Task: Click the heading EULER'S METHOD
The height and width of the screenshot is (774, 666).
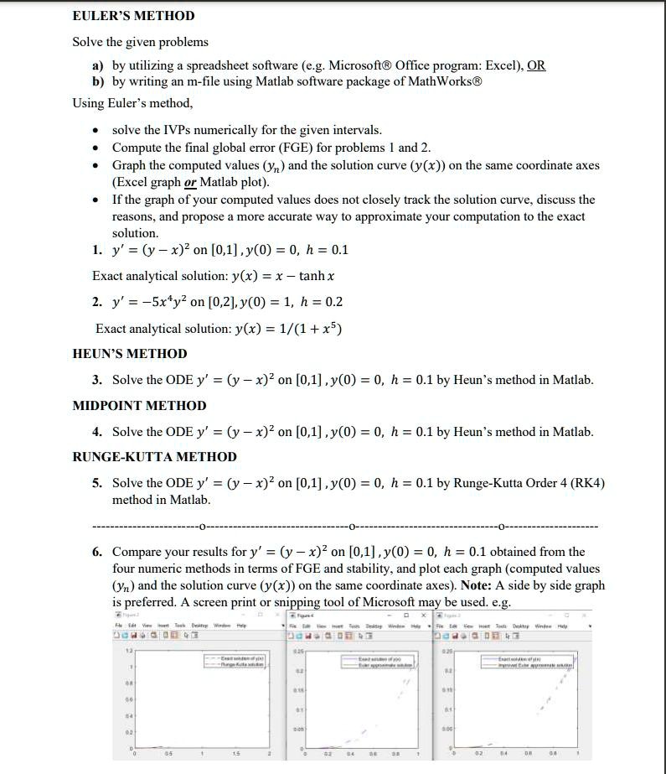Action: pyautogui.click(x=133, y=16)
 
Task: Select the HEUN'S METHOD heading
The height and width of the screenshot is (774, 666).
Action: pyautogui.click(x=130, y=354)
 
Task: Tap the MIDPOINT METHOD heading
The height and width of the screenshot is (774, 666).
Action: pyautogui.click(x=139, y=406)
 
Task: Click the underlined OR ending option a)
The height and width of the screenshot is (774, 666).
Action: pyautogui.click(x=536, y=65)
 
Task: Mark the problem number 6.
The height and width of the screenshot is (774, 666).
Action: pyautogui.click(x=97, y=552)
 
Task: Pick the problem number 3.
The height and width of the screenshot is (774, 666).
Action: pyautogui.click(x=97, y=380)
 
